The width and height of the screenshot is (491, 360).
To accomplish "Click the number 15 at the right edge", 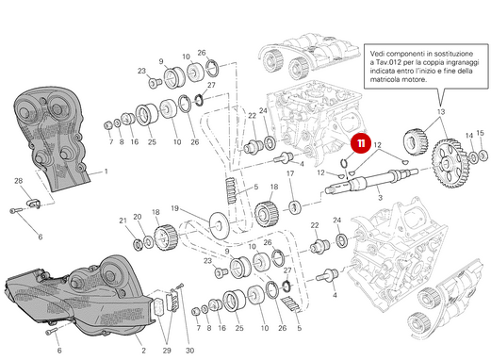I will click(481, 135).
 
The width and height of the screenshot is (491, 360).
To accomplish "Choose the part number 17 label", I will click(290, 173).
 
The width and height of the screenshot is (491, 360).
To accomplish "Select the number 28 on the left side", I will click(18, 179).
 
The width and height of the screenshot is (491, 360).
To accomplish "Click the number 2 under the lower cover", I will click(143, 350).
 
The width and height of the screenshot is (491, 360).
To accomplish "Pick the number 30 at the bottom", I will click(189, 350).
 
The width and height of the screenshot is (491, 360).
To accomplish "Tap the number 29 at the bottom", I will click(167, 348).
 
